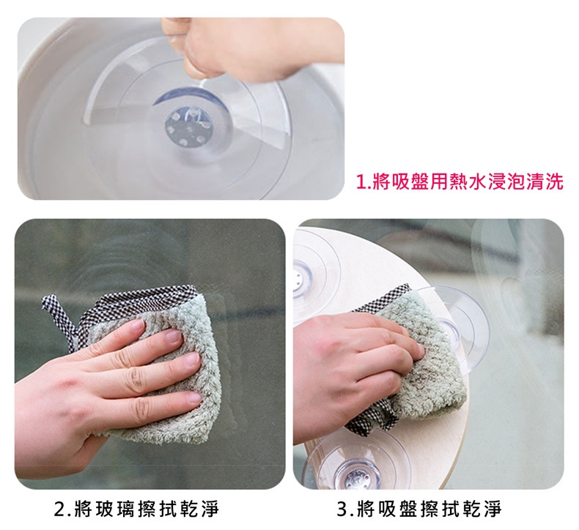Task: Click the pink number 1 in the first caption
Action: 360,182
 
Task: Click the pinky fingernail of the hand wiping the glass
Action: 195,397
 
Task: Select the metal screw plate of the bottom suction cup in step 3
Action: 355,478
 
